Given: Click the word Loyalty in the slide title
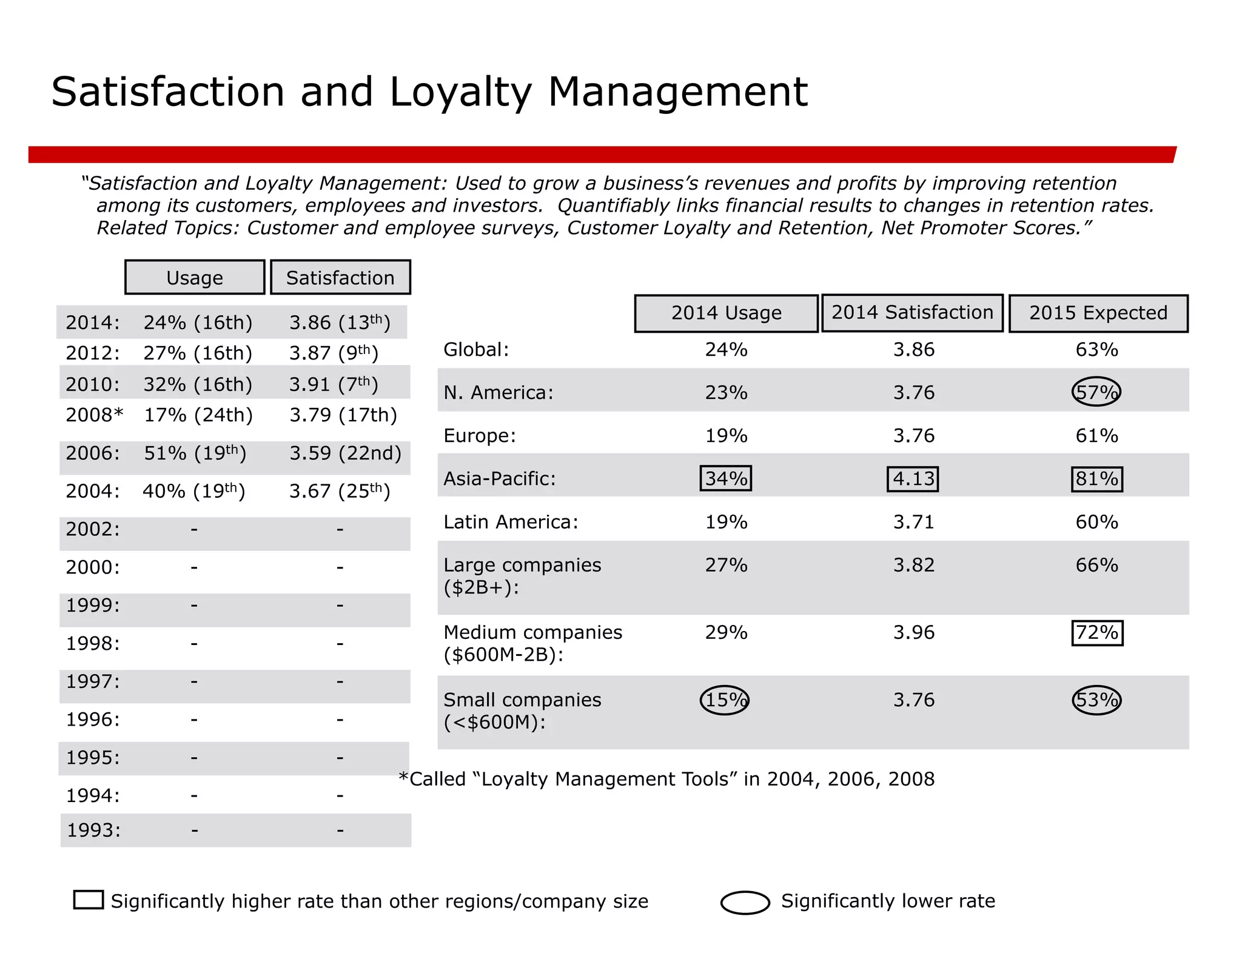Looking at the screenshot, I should pos(460,93).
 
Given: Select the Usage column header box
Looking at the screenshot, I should pos(195,278).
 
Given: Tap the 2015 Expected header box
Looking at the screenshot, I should pos(1098,313).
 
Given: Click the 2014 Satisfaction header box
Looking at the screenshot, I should pos(911,313).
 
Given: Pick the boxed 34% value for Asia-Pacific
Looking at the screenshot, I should pos(725,478).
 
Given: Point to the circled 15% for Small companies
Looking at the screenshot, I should pos(725,700).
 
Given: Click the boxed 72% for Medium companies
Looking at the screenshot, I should pos(1096,633).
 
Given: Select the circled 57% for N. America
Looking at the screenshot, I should pos(1096,392).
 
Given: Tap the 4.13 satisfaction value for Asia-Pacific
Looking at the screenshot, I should pos(913,479).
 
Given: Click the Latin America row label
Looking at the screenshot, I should pos(511,522).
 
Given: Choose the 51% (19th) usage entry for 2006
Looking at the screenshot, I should pos(195,453).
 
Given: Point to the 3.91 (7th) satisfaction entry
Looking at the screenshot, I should pos(334,384).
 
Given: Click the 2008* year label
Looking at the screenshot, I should pos(95,415).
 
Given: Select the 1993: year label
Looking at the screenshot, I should pos(93,830).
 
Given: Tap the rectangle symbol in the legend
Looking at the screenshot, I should pos(89,900).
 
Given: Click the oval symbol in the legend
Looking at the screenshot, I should pos(745,902).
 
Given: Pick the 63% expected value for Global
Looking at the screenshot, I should pos(1096,350).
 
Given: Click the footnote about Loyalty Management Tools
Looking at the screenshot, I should pos(666,779).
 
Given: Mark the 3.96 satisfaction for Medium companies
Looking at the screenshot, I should pos(913,633).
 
